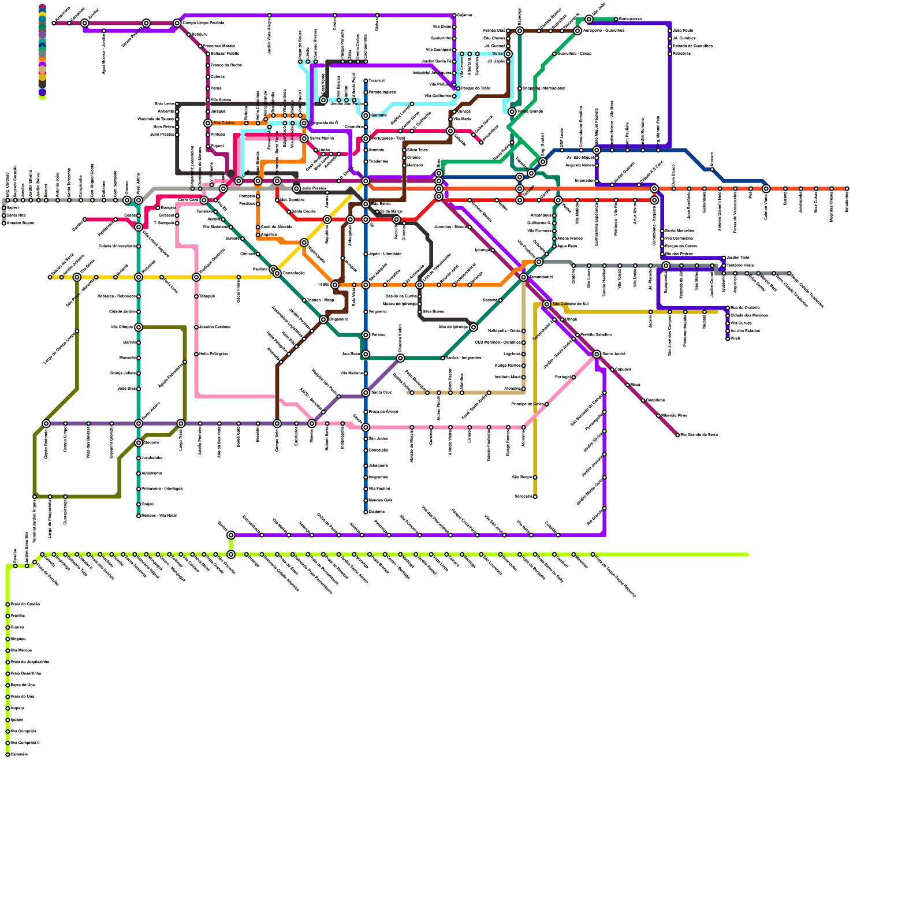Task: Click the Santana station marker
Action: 366,115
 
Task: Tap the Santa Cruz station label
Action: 381,393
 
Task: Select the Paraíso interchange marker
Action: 366,335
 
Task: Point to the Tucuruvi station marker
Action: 366,81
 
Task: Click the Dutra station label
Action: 497,54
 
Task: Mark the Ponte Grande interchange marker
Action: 512,111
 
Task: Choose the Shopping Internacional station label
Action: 543,88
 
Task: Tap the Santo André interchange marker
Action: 597,354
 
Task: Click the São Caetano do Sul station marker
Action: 546,304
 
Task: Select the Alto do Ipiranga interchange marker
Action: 474,327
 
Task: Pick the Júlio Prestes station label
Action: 314,189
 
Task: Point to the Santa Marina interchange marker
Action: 304,139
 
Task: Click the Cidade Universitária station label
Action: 117,247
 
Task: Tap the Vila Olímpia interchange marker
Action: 139,327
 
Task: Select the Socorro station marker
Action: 139,443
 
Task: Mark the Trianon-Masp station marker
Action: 304,300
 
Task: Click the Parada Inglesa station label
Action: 382,92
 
